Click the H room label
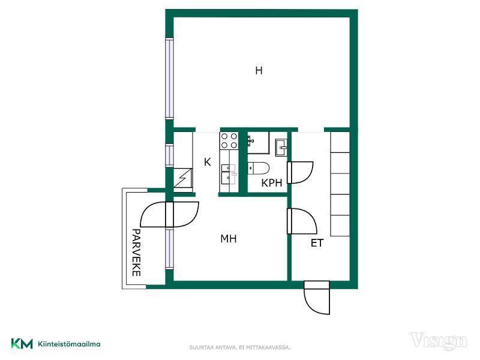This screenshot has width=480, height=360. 259,71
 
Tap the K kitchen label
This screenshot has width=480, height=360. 207,162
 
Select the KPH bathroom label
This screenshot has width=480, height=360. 272,183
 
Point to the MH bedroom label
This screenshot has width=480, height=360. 229,238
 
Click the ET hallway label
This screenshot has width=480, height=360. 317,243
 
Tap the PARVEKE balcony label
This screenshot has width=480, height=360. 136,253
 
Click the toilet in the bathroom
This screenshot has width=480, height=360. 259,169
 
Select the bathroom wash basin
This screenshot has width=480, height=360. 281,148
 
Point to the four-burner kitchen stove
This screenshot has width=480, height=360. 229,140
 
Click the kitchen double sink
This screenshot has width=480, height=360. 229,173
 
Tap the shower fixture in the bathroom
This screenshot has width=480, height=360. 258,143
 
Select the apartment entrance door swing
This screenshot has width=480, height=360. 317,298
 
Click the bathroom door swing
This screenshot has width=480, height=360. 300,173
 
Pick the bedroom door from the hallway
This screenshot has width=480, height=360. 302,221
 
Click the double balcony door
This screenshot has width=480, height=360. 169,214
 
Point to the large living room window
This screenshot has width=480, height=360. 169,79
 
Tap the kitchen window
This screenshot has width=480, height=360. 169,155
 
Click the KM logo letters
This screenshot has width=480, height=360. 22,343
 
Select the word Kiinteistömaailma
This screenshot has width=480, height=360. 69,344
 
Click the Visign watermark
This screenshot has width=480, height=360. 439,341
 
